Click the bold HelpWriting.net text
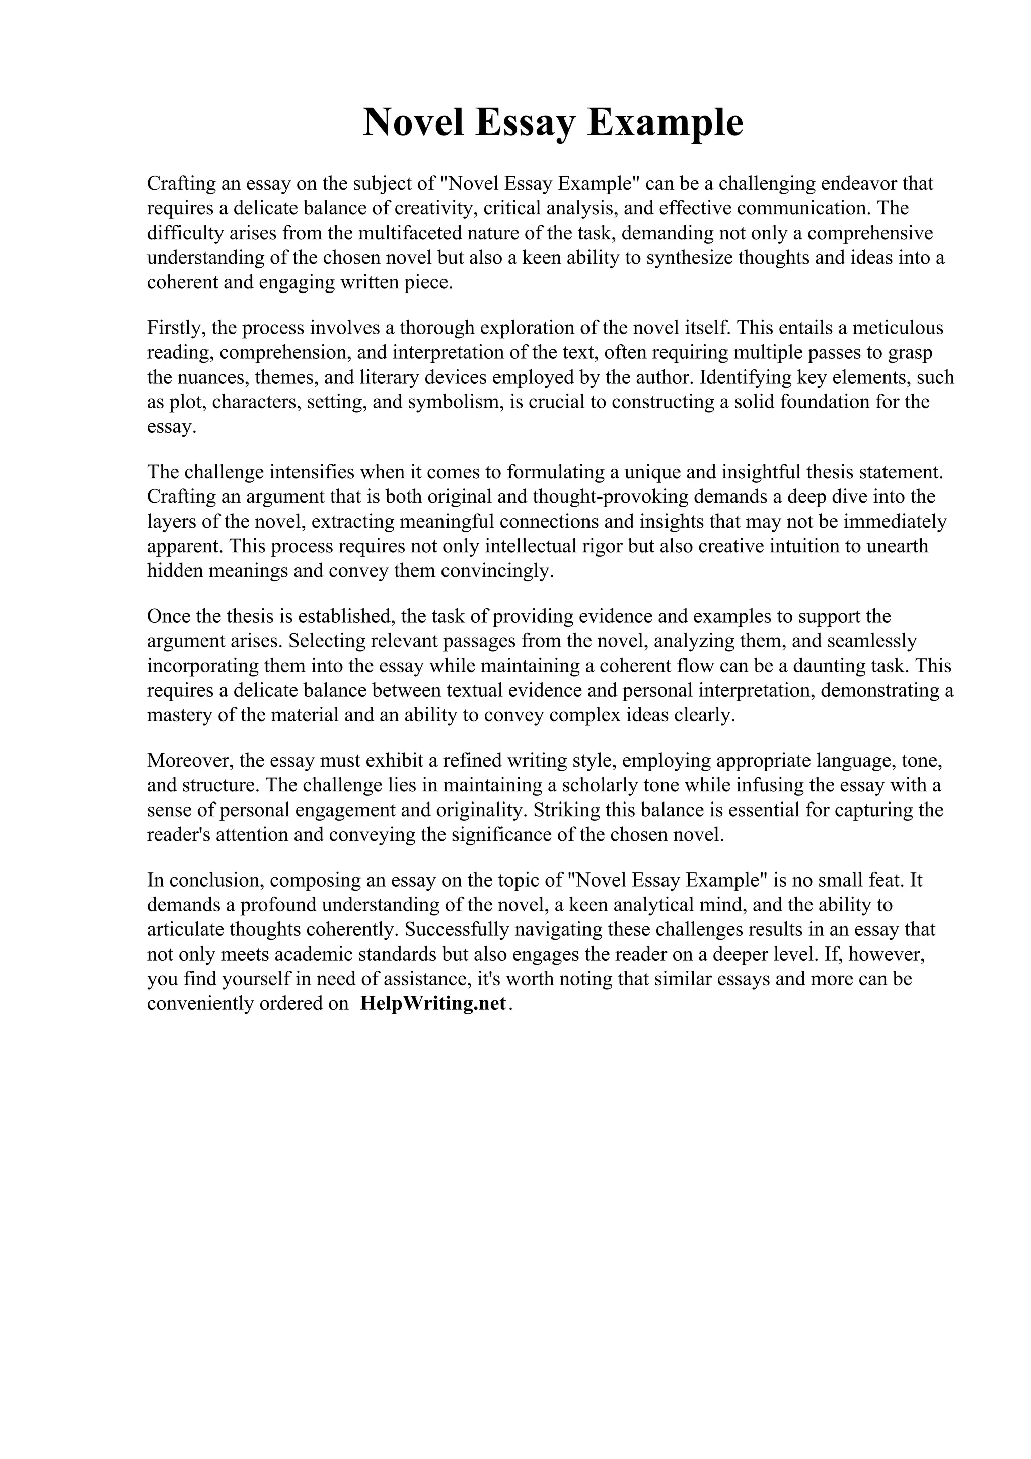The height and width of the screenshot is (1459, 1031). click(x=433, y=1003)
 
